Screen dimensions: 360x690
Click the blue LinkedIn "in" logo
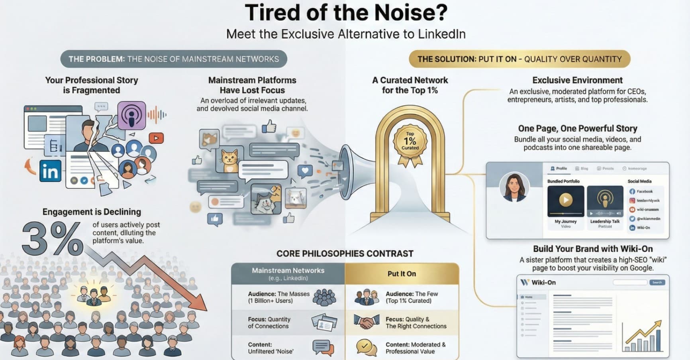coord(50,171)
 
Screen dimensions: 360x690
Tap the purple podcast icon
coord(131,115)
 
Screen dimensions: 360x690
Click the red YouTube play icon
coord(156,138)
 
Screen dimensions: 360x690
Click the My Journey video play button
coord(565,200)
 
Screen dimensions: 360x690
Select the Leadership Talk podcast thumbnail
coord(605,201)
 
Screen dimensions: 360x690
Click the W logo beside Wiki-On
coord(525,282)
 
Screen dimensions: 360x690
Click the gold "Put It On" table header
coord(402,273)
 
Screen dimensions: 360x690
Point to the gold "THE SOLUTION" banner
coord(519,59)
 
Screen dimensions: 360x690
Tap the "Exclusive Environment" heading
coord(577,80)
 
